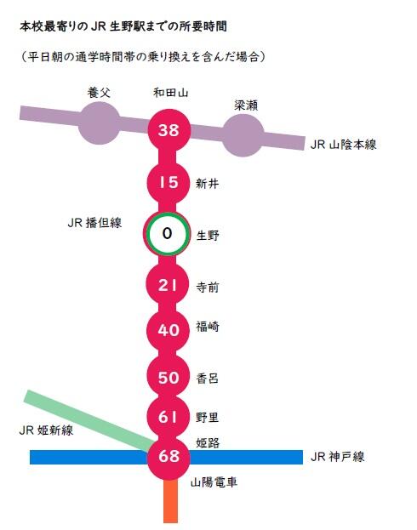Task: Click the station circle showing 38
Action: point(169,130)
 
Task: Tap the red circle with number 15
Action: point(169,183)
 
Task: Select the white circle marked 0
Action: point(167,234)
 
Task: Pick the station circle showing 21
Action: point(168,284)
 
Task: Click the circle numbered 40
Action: point(169,330)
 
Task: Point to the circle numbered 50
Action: point(169,377)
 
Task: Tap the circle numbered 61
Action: point(169,417)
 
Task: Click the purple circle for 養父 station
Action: point(99,123)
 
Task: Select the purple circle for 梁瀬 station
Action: point(243,135)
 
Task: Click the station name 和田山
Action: point(171,92)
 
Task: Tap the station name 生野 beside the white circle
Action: point(208,236)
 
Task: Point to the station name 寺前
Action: point(208,288)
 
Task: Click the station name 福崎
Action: point(208,327)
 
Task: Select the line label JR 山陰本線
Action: point(343,145)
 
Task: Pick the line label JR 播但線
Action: point(94,223)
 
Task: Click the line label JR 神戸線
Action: point(337,457)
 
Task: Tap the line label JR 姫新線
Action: point(46,430)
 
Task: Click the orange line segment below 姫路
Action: point(170,500)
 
